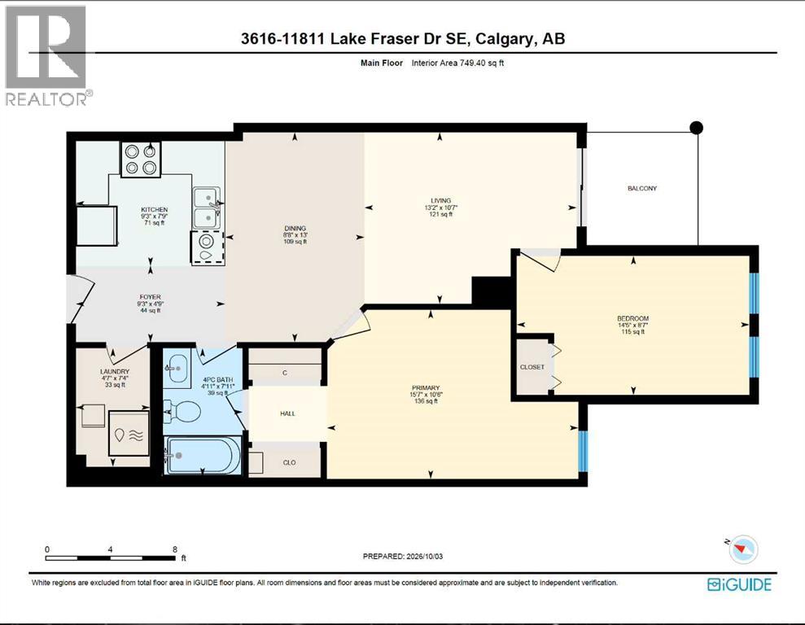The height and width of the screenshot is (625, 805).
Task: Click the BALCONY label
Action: [641, 188]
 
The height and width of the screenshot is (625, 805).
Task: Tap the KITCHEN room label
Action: [155, 209]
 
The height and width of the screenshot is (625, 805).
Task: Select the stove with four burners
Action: [141, 160]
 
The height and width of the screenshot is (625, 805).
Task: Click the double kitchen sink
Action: [207, 208]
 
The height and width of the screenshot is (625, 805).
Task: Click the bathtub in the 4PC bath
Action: [203, 455]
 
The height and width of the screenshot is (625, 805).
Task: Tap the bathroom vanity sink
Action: [177, 367]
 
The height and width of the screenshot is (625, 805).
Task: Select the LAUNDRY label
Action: [115, 372]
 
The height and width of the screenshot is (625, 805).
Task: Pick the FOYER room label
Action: [150, 296]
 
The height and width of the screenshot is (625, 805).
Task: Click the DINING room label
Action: [295, 229]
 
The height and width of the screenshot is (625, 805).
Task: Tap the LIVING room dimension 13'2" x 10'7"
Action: [441, 208]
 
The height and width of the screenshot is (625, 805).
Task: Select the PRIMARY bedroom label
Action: [426, 388]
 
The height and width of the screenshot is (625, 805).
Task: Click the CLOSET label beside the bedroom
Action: [532, 367]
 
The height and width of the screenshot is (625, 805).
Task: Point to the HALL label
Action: [287, 413]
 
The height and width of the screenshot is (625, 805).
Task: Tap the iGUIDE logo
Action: [739, 584]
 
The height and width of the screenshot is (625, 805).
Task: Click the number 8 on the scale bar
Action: [175, 549]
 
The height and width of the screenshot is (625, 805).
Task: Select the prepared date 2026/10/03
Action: [425, 557]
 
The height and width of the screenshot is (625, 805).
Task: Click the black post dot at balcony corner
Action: [696, 127]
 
